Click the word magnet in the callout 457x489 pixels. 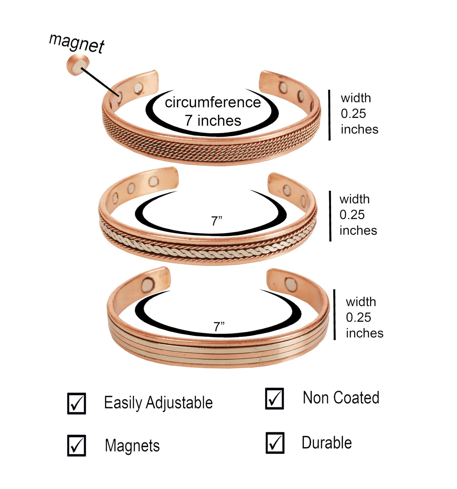(77, 43)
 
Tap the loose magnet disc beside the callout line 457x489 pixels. (78, 64)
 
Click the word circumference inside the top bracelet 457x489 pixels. (213, 103)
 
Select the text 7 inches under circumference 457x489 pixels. (213, 121)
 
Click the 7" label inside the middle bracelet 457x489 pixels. (217, 221)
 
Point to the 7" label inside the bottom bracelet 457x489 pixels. (219, 327)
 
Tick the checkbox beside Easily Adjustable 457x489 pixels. (77, 403)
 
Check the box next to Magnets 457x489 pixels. (77, 445)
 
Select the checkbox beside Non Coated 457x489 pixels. (275, 399)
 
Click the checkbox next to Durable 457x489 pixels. (275, 443)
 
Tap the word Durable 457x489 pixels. (327, 443)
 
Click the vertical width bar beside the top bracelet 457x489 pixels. (330, 115)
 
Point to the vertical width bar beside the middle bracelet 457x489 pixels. (330, 216)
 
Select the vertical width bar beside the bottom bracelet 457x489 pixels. (335, 315)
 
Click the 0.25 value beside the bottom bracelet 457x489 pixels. (358, 317)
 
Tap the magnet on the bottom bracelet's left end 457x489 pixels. (148, 284)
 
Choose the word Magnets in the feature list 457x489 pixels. (132, 446)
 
